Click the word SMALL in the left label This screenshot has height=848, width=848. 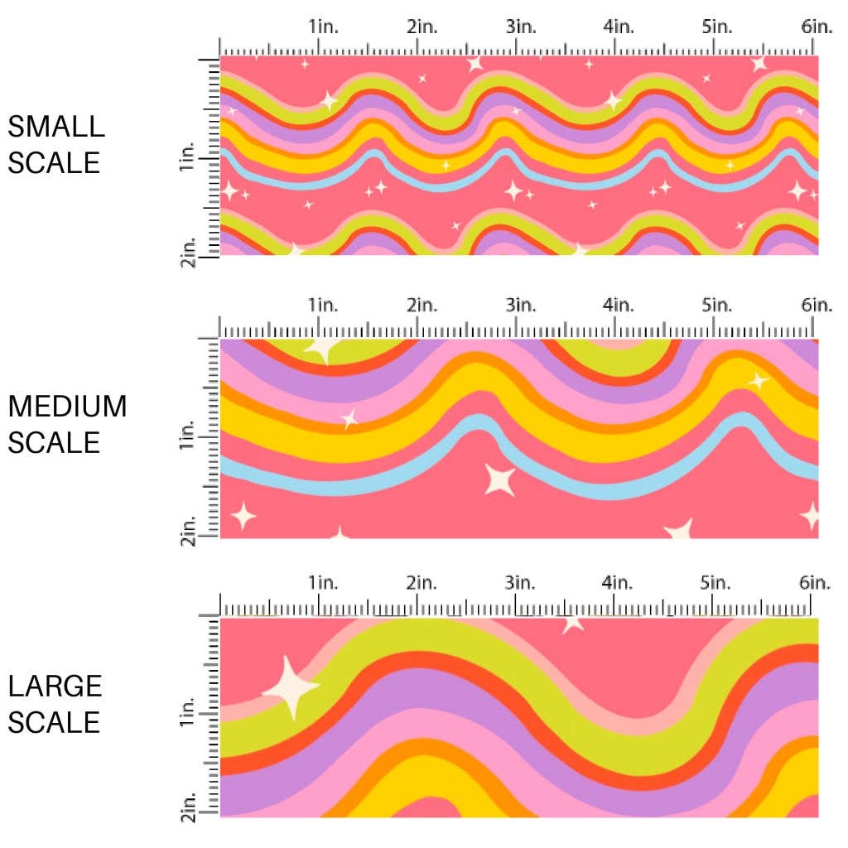(x=56, y=127)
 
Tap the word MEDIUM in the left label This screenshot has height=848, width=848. (x=68, y=407)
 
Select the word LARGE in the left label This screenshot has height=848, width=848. (x=55, y=686)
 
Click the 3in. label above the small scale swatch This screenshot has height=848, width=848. (x=521, y=26)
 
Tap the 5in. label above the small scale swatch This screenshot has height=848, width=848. (x=716, y=26)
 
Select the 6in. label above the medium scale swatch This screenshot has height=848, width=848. (x=816, y=306)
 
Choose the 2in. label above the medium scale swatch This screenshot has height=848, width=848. (x=422, y=306)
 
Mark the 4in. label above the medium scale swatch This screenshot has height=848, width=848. (x=619, y=306)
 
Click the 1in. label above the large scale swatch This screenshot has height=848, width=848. (x=324, y=582)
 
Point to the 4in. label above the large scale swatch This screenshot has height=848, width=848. (x=619, y=582)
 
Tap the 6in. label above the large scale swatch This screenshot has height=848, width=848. (x=816, y=582)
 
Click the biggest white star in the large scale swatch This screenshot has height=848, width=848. (x=291, y=686)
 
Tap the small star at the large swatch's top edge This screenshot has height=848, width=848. (x=571, y=622)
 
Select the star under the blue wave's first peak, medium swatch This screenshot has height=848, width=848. (x=499, y=479)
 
